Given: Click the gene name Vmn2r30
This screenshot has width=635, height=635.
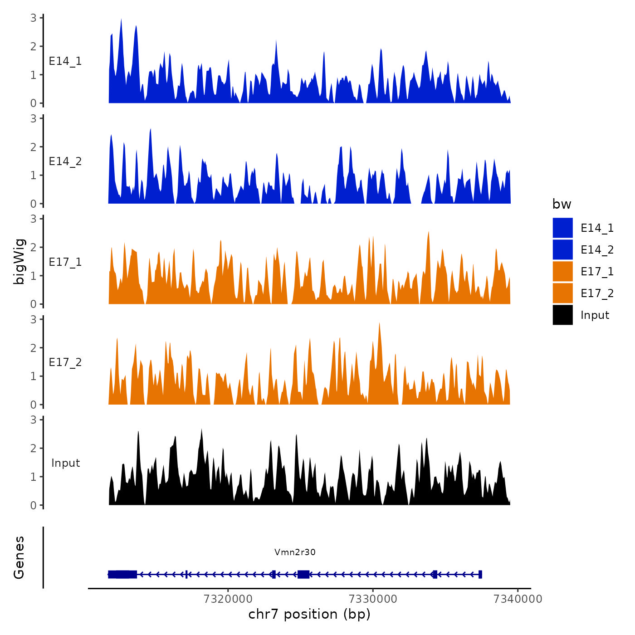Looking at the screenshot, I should pos(295,552).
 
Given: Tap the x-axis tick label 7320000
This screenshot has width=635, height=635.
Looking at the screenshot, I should pos(228,599).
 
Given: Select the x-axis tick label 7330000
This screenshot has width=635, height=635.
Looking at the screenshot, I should pos(373,599).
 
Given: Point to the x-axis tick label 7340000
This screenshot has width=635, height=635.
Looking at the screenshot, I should pos(518,599).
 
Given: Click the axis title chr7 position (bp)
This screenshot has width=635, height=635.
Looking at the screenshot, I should pos(309,615).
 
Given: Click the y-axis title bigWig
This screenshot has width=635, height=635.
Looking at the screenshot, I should pos(20,261).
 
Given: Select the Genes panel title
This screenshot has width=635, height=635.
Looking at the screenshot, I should pos(19,557).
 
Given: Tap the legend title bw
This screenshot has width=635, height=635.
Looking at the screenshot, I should pos(562,204).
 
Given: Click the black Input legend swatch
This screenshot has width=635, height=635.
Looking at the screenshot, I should pos(562,315).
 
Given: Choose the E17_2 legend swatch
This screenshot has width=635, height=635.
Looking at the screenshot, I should pos(562,293).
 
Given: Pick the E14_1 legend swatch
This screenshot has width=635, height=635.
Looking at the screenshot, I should pos(562,228).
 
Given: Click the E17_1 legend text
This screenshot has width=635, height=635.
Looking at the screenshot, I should pos(597,271).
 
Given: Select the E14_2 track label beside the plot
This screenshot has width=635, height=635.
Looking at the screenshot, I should pos(65,161).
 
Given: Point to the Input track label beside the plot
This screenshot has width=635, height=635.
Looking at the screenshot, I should pos(65,463).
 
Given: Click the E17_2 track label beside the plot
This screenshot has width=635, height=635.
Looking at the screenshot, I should pos(65,362).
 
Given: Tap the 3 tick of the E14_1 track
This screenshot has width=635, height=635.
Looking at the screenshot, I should pos(34,18).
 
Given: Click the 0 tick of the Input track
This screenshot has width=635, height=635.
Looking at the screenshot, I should pos(34,505).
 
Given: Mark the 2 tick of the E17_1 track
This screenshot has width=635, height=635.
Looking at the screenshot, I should pos(34,247).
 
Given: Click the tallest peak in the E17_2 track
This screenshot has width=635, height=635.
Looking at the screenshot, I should pos(379,323).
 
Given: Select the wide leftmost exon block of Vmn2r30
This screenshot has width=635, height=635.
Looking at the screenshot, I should pos(122,574).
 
